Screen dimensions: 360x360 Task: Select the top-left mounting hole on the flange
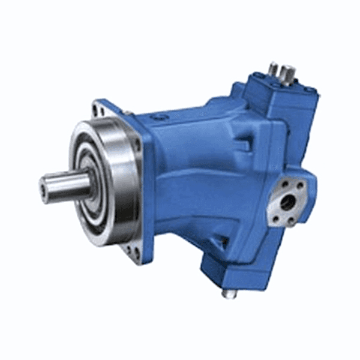pos(97,110)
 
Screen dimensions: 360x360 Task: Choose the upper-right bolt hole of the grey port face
pos(301,188)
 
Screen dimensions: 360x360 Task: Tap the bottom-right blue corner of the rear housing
pos(264,273)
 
